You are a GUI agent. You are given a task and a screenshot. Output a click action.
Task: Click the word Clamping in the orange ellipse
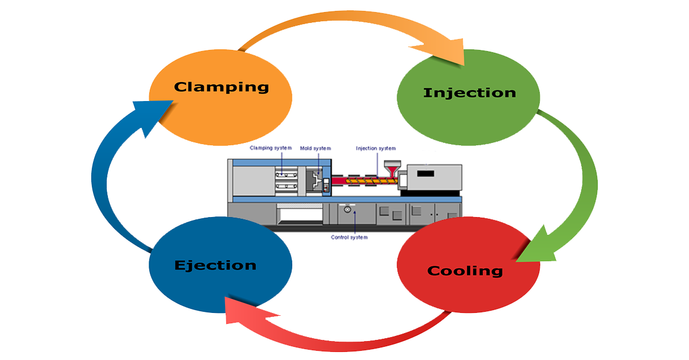pyautogui.click(x=222, y=87)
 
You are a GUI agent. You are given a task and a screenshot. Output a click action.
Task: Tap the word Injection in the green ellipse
pyautogui.click(x=469, y=93)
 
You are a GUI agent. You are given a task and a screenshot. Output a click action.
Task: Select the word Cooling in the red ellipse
pyautogui.click(x=465, y=271)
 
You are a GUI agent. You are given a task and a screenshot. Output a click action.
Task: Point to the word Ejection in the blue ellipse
pyautogui.click(x=215, y=265)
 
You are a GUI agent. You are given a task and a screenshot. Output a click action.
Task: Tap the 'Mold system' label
pyautogui.click(x=315, y=148)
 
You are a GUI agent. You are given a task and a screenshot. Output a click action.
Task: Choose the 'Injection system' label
pyautogui.click(x=376, y=148)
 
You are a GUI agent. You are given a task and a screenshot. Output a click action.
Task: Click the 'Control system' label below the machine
pyautogui.click(x=349, y=237)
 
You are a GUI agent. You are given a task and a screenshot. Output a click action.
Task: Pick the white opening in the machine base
pyautogui.click(x=299, y=215)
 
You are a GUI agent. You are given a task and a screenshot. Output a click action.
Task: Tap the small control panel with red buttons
pyautogui.click(x=326, y=185)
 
